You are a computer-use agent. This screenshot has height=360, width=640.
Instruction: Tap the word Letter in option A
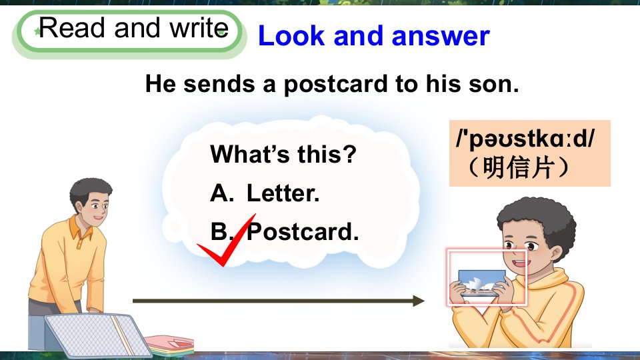[x=283, y=193]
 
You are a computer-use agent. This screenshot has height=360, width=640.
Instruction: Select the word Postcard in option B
[x=303, y=232]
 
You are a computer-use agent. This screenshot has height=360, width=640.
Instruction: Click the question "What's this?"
[x=283, y=154]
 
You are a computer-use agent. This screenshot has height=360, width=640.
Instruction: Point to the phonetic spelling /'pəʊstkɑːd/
[x=526, y=139]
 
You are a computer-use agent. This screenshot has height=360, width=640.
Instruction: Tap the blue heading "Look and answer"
[x=373, y=36]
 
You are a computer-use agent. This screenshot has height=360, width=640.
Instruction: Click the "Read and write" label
[x=133, y=28]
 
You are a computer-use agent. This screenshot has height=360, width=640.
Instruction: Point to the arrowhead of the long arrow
[x=419, y=301]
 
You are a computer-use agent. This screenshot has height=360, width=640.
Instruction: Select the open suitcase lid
[x=98, y=335]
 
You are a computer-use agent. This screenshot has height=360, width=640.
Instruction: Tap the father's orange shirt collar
[x=81, y=229]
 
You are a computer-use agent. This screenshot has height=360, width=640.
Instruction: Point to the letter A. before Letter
[x=222, y=193]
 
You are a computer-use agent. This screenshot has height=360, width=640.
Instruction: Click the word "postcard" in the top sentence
[x=336, y=85]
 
